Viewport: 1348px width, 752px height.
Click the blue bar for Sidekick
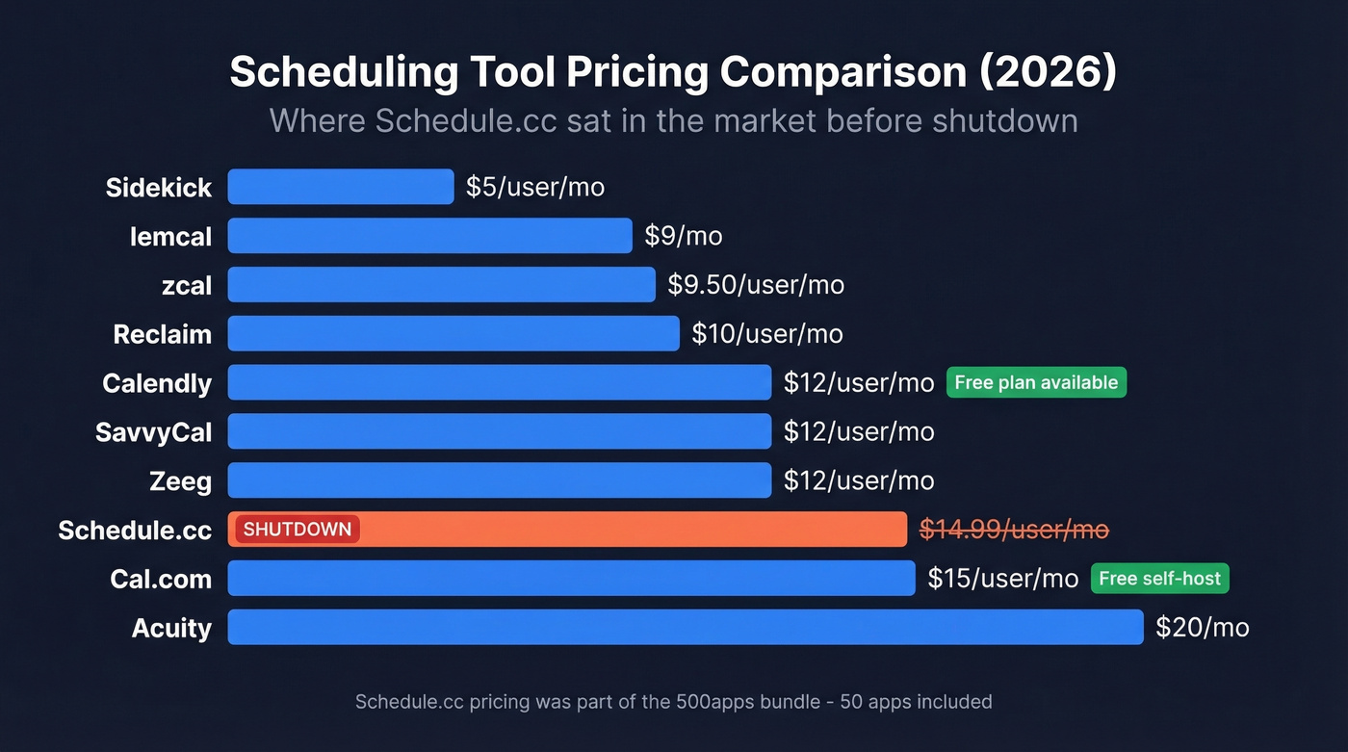click(x=340, y=187)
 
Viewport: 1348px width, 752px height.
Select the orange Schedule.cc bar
click(x=626, y=530)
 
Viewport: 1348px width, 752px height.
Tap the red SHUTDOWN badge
click(x=298, y=530)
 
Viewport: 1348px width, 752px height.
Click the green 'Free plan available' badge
click(x=1036, y=382)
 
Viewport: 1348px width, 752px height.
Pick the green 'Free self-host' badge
click(x=1159, y=579)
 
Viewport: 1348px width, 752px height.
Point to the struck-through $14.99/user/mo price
click(x=1014, y=530)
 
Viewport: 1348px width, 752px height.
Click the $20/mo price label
click(x=1202, y=628)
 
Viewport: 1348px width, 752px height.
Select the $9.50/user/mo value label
click(x=756, y=285)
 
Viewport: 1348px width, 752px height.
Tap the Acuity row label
click(x=171, y=628)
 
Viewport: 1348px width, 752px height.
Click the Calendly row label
click(x=157, y=383)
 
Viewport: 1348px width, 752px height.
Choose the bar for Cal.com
click(x=571, y=579)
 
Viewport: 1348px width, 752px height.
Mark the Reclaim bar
click(x=454, y=334)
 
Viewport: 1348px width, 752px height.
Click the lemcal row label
click(x=170, y=236)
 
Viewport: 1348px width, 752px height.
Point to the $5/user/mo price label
click(x=534, y=187)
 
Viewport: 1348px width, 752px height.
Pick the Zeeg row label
click(x=180, y=480)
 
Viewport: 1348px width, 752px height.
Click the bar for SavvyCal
click(x=499, y=431)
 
